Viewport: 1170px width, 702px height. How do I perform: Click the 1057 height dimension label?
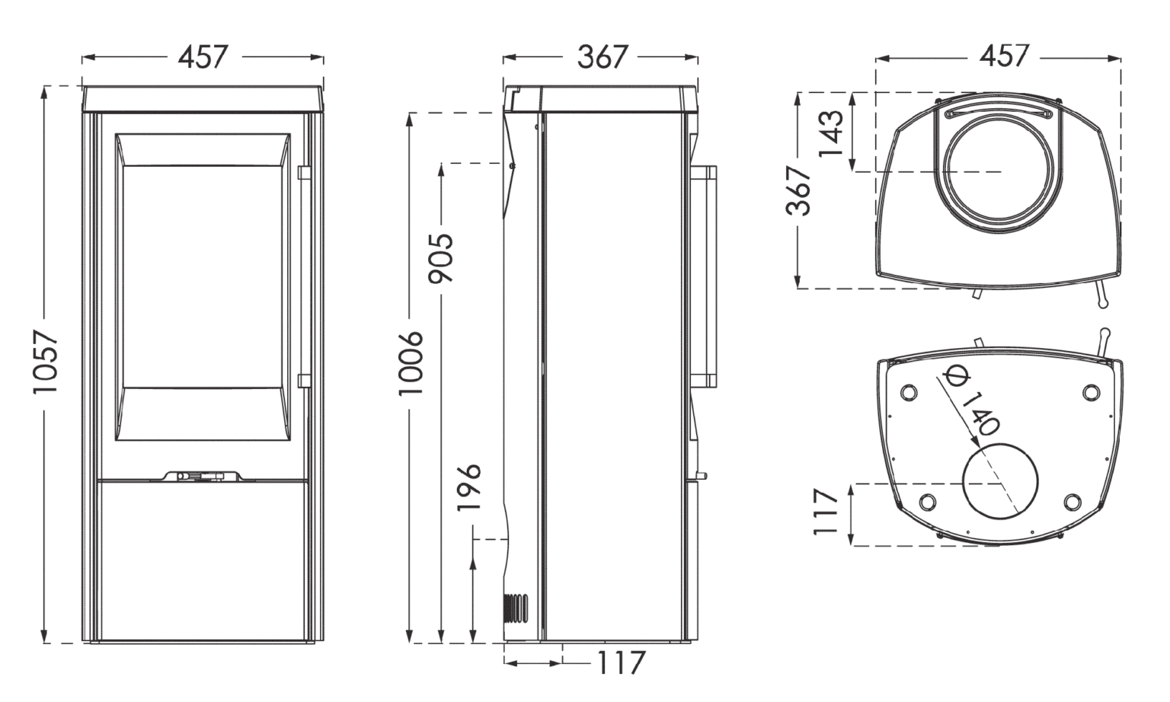(x=45, y=362)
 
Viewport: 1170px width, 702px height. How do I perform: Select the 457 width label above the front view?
(x=203, y=57)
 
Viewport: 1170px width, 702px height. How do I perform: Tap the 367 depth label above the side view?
(x=602, y=57)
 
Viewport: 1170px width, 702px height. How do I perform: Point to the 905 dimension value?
(x=441, y=257)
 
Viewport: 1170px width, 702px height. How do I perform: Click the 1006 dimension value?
(x=411, y=362)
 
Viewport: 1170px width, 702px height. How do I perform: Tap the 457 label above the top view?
(x=1002, y=56)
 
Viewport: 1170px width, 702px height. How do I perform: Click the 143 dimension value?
(x=832, y=132)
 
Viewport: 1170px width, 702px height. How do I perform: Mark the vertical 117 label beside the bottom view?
(x=826, y=513)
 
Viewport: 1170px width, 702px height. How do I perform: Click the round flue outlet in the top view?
(x=1001, y=172)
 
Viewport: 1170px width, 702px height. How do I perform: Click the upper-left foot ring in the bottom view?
(x=907, y=392)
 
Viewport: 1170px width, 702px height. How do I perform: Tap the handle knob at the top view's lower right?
(x=1101, y=304)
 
